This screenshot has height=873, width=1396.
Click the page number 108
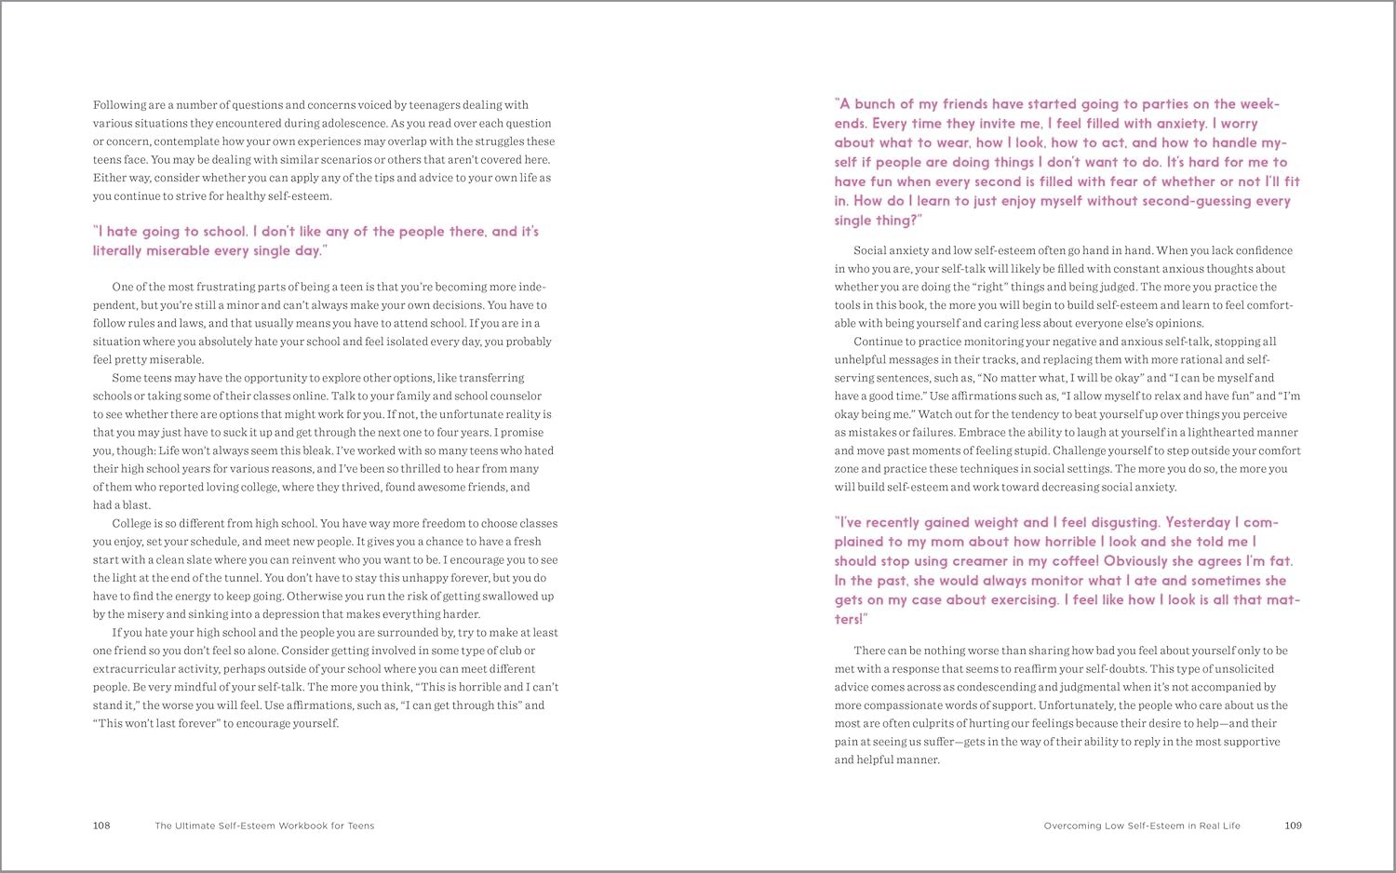101,826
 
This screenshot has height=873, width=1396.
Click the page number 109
1293,826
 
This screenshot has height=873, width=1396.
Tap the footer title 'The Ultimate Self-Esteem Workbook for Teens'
264,826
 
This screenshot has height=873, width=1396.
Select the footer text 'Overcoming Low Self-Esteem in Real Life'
1142,826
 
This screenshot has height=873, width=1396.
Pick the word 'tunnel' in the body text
235,578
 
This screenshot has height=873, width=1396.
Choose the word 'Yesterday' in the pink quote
1199,522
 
